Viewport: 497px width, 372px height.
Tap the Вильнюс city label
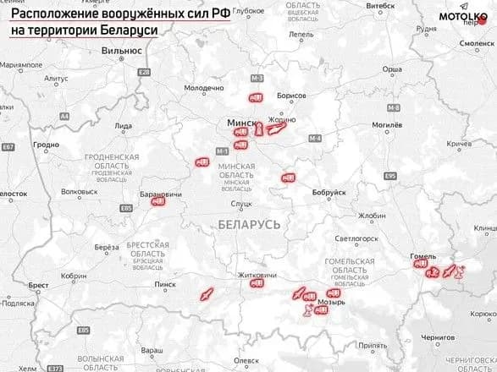121,51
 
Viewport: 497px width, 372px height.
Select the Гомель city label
422,255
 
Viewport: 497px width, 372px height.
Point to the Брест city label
38,286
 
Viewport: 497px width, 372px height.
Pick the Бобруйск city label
329,192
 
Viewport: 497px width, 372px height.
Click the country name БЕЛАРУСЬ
248,226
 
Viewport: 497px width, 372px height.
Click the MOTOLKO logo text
461,16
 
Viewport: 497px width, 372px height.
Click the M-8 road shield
393,108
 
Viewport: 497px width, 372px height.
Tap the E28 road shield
145,73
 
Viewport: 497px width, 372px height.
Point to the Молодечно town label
204,88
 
